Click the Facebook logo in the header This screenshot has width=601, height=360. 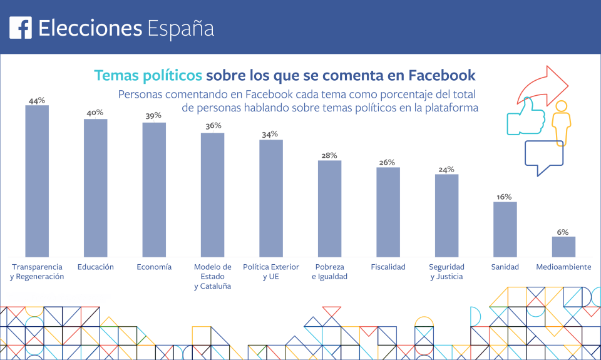point(21,28)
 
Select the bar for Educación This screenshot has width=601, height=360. point(96,188)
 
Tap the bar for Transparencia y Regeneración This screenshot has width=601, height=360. point(37,181)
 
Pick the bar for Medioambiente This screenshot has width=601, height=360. point(563,247)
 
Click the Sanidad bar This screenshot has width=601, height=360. point(505,229)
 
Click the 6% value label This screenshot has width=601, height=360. point(563,232)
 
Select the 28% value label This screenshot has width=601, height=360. point(329,155)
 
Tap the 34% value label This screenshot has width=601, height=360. point(270,134)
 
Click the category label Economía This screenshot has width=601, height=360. point(154,267)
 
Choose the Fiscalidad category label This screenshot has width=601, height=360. point(388,267)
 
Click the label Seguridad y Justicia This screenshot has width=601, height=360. point(446,272)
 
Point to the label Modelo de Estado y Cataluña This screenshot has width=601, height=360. point(212,276)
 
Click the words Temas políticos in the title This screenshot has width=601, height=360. point(148,76)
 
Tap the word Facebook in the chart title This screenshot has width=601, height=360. point(441,76)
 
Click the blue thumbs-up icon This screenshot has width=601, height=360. point(526,116)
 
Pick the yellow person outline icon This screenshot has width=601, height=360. point(561,122)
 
